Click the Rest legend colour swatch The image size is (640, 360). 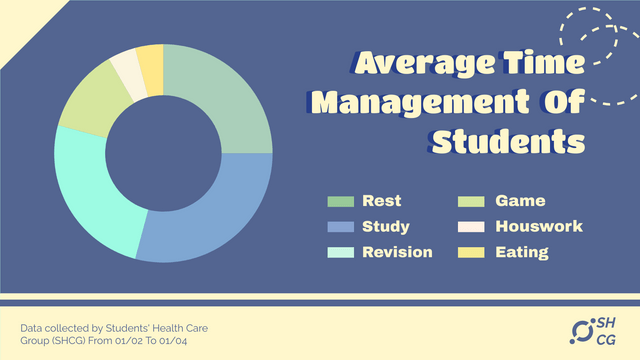[341, 201]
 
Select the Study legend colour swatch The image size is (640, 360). [341, 227]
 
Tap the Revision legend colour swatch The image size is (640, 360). [341, 252]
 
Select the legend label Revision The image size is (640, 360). [397, 252]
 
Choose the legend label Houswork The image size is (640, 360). [539, 227]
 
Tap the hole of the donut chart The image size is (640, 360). [163, 152]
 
